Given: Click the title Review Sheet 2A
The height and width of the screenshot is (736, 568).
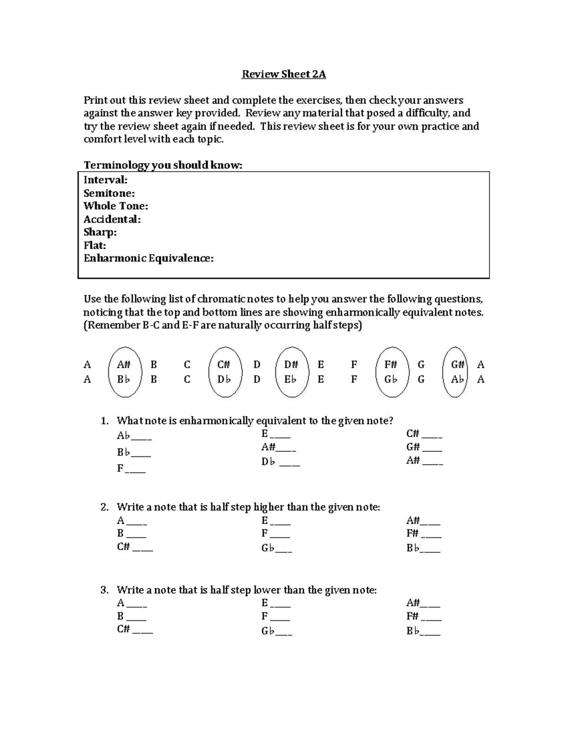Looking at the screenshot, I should (284, 74).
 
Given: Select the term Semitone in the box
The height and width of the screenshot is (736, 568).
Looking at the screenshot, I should (109, 193).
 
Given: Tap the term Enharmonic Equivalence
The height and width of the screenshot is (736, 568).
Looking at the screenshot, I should (148, 258).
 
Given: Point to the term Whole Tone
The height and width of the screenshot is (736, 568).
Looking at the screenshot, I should (115, 206).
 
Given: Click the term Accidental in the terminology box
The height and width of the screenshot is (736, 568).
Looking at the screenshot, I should (112, 219).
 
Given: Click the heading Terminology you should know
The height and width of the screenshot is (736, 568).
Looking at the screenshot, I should (163, 165).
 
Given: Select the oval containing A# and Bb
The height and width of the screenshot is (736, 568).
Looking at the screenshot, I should (124, 372).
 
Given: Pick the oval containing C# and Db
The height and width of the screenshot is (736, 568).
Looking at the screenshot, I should (224, 372).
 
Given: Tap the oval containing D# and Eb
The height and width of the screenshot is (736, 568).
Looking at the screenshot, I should (291, 372).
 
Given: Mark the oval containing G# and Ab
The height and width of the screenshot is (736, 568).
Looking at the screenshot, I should (458, 372).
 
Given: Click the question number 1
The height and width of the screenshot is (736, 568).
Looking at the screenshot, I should (105, 421).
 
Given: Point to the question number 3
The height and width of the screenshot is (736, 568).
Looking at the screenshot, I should (105, 590).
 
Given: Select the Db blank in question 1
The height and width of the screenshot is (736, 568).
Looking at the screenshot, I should (289, 463).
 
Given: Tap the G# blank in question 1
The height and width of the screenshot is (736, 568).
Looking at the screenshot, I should (432, 448).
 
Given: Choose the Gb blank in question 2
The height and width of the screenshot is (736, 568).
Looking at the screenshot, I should (283, 550).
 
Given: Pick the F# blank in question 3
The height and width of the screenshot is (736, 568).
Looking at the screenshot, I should (431, 618).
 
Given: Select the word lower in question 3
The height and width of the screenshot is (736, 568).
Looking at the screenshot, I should (267, 590).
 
